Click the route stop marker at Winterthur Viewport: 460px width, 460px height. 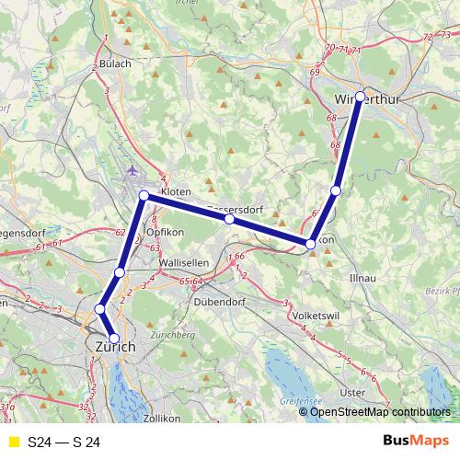pos(360,97)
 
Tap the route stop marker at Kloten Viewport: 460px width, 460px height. pos(144,196)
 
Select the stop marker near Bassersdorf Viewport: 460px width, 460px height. pos(229,220)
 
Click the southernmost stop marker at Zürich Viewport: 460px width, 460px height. pos(114,339)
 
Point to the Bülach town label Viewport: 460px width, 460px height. pos(116,63)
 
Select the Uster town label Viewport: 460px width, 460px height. pos(352,392)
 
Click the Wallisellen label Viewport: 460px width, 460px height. pos(185,262)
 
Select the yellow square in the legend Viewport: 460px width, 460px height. pos(14,443)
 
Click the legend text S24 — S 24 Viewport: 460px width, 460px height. pos(63,443)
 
